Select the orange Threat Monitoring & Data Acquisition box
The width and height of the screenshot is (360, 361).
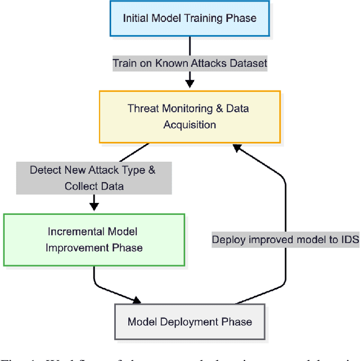click(190, 116)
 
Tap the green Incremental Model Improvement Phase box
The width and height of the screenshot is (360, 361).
click(94, 240)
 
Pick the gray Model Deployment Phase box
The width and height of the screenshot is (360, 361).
click(190, 322)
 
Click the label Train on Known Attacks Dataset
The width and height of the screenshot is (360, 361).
click(190, 63)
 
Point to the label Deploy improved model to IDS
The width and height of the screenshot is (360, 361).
click(285, 240)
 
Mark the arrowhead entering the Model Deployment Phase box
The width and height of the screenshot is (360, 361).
click(137, 300)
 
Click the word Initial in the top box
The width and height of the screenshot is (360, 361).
click(133, 17)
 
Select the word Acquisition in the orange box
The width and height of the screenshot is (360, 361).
click(190, 124)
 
